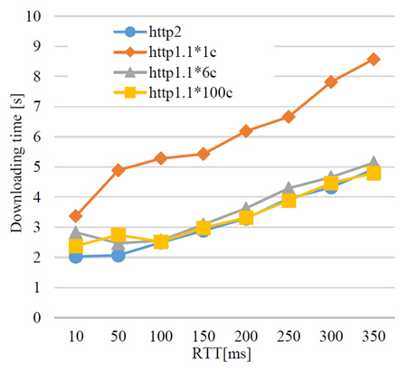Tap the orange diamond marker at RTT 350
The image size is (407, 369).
pos(374,59)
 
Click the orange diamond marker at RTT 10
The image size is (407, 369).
pos(76,216)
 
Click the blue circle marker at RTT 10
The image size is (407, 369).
pos(76,257)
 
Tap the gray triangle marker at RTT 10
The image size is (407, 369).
pos(76,232)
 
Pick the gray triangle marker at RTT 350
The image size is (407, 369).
pos(374,162)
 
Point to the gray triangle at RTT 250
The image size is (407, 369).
pos(289,188)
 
